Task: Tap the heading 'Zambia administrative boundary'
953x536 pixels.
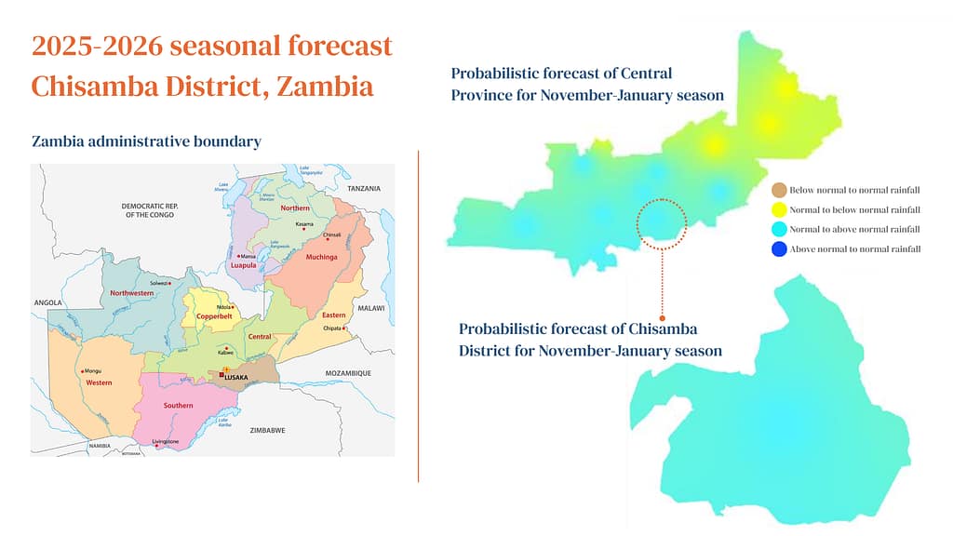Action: (x=146, y=141)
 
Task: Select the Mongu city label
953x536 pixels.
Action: (x=93, y=371)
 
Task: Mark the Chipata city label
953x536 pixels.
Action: (x=333, y=328)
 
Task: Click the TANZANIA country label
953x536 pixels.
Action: (x=364, y=189)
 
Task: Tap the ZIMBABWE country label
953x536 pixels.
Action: (x=268, y=430)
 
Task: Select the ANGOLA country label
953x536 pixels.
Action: (x=47, y=302)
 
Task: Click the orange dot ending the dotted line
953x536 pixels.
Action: (x=662, y=317)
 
